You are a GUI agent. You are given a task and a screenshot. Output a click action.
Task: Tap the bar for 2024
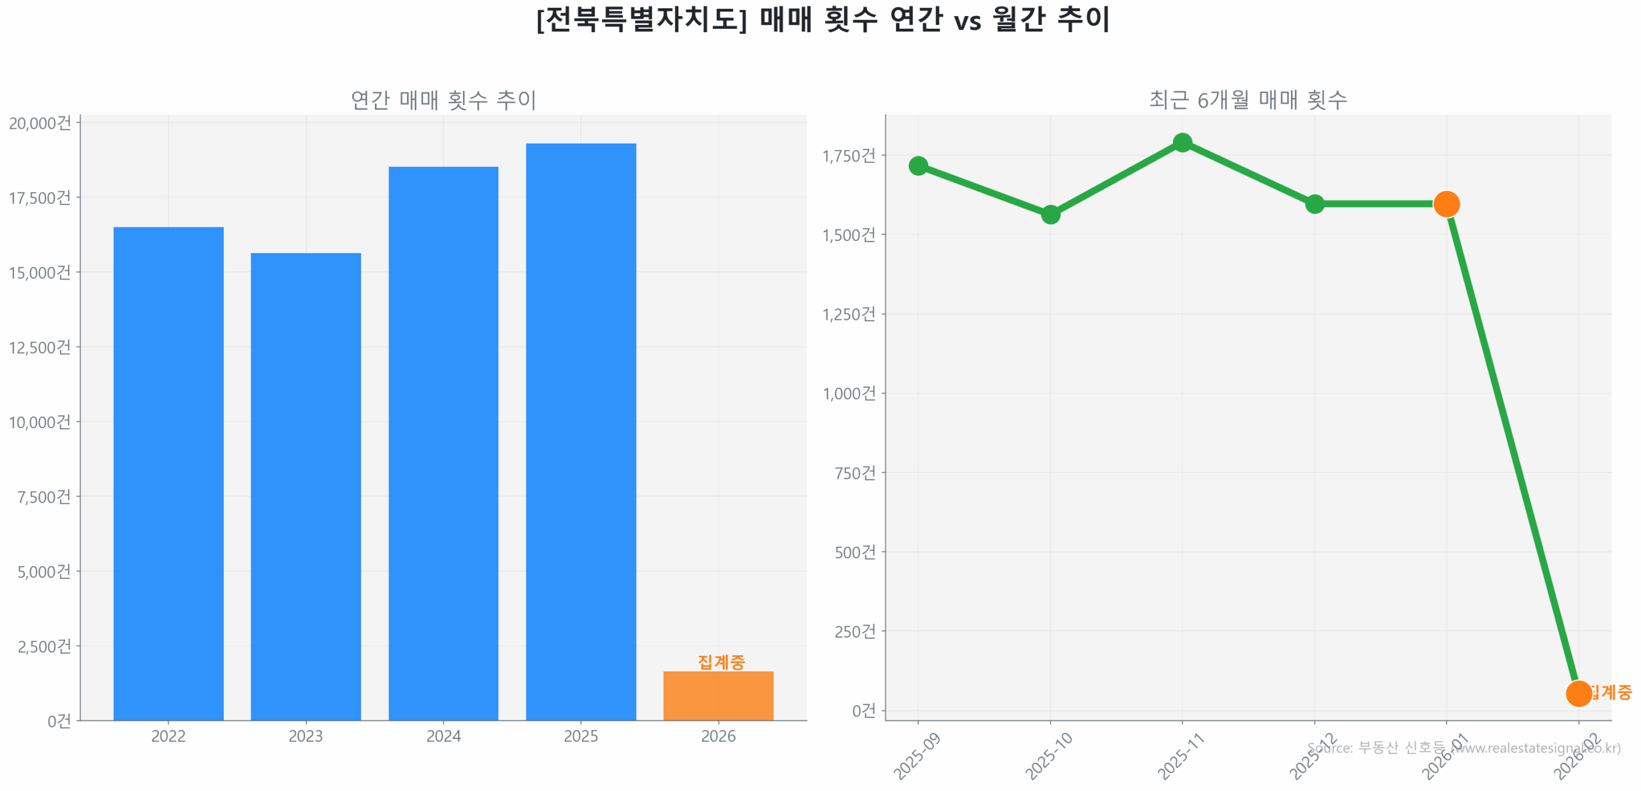coord(443,443)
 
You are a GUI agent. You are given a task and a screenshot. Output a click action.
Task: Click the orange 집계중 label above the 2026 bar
coord(721,662)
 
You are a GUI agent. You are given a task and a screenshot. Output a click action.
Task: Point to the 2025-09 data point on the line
coord(918,166)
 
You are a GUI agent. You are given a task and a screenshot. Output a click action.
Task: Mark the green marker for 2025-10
coord(1050,214)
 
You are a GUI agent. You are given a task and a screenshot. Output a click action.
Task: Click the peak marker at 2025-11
coord(1182,142)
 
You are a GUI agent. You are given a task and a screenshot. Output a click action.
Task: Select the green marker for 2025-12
coord(1314,204)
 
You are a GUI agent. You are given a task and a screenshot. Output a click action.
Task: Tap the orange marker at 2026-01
coord(1446,204)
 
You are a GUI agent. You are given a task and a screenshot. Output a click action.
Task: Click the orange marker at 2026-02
coord(1578,693)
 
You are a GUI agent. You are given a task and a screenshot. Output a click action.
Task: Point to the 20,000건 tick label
coord(40,123)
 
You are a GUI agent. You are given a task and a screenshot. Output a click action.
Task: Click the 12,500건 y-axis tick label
coord(40,347)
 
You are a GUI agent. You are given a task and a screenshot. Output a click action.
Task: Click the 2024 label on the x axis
coord(443,736)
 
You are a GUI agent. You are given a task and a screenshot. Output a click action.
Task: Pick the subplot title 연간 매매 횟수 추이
coord(443,100)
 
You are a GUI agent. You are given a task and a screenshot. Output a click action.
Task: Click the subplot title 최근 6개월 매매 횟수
coord(1247,100)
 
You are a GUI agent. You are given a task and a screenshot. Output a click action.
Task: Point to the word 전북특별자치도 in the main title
coord(641,19)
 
